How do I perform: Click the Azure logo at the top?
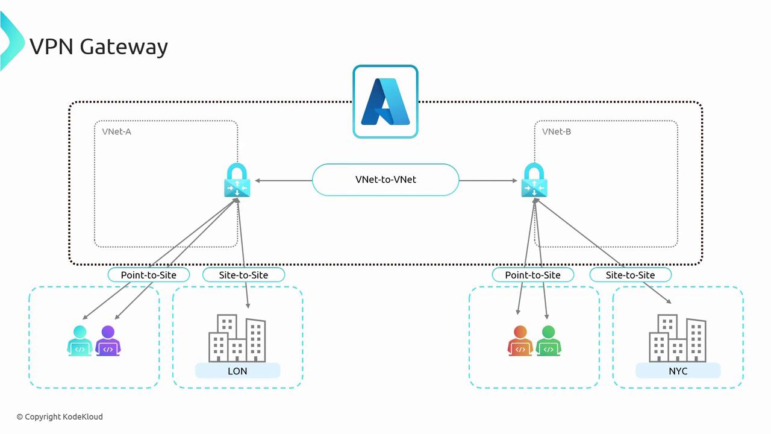pyautogui.click(x=385, y=101)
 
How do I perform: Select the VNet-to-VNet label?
pyautogui.click(x=385, y=180)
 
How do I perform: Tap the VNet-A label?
pyautogui.click(x=116, y=131)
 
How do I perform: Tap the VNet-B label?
pyautogui.click(x=557, y=131)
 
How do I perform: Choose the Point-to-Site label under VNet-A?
pyautogui.click(x=149, y=275)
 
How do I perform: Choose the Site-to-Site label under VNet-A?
pyautogui.click(x=243, y=275)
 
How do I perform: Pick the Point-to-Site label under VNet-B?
pyautogui.click(x=533, y=275)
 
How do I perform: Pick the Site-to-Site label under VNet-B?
pyautogui.click(x=630, y=275)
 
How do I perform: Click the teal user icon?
pyautogui.click(x=80, y=341)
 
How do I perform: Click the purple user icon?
pyautogui.click(x=108, y=341)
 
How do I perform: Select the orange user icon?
pyautogui.click(x=520, y=341)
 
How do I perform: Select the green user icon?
pyautogui.click(x=548, y=341)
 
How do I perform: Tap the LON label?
pyautogui.click(x=237, y=371)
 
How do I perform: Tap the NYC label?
pyautogui.click(x=678, y=371)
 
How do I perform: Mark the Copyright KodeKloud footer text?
pyautogui.click(x=60, y=417)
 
